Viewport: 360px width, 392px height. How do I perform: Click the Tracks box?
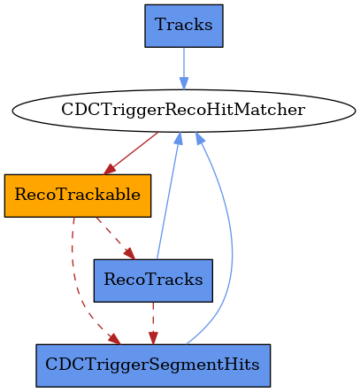[x=184, y=26]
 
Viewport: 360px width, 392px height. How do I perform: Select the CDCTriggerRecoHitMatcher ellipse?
[x=184, y=111]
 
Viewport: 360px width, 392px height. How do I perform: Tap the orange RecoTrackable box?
[x=78, y=196]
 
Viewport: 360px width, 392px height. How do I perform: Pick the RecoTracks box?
[x=153, y=281]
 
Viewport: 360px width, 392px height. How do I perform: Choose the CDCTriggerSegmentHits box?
[x=153, y=365]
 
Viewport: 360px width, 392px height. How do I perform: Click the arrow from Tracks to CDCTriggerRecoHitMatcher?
[x=184, y=68]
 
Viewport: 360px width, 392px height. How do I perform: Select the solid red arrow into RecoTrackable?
[x=131, y=153]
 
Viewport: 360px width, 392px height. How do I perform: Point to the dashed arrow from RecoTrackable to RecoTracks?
[x=116, y=238]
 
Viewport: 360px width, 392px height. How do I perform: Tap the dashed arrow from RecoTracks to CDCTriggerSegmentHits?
[x=153, y=323]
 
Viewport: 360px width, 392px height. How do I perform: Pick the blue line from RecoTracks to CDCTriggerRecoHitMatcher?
[x=168, y=196]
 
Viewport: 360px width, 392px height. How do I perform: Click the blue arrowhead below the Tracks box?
[x=184, y=83]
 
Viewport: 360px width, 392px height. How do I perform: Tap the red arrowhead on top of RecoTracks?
[x=130, y=254]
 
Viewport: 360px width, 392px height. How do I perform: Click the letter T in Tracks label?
[x=161, y=25]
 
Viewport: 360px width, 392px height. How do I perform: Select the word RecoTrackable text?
[x=78, y=195]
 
